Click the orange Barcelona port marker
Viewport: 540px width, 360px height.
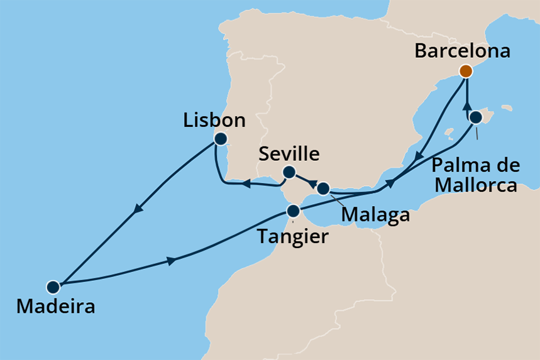(x=465, y=71)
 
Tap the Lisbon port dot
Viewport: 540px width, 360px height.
(x=220, y=139)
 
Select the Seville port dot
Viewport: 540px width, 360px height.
(x=289, y=172)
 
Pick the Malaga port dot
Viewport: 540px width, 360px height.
(x=323, y=188)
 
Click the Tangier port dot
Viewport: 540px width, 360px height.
(x=292, y=210)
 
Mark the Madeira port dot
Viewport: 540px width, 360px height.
(x=53, y=287)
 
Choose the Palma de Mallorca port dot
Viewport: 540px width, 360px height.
(x=476, y=117)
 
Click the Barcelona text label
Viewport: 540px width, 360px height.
(x=462, y=52)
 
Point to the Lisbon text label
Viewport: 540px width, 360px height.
(x=214, y=119)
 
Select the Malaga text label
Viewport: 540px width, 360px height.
(x=375, y=215)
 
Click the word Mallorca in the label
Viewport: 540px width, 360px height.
(x=478, y=185)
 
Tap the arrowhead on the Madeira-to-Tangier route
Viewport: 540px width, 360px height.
(x=170, y=261)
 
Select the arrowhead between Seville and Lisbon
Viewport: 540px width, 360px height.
(x=247, y=184)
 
